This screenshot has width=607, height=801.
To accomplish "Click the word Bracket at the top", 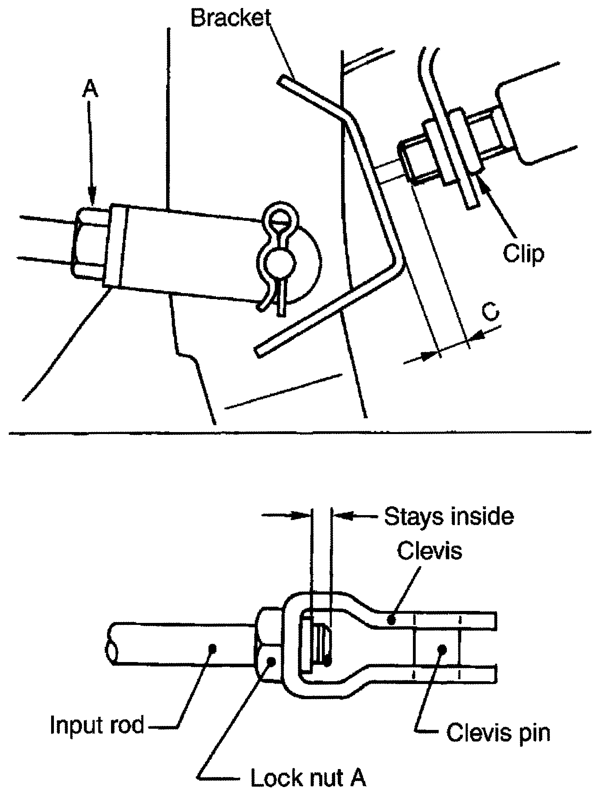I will click(231, 18).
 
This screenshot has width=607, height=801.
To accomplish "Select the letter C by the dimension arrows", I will click(490, 312).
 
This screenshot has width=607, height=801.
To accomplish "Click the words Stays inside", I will click(449, 516).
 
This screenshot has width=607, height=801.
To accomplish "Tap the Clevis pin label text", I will click(498, 732).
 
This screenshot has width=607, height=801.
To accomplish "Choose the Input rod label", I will click(97, 724).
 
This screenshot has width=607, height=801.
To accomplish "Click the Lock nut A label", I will click(308, 777).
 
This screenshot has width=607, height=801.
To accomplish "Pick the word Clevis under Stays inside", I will click(430, 551).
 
